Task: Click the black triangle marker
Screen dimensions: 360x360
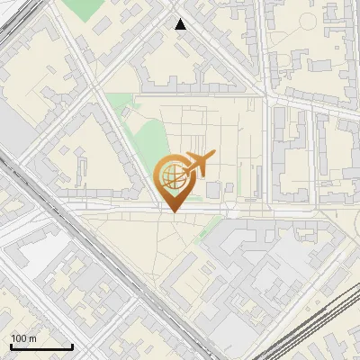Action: (181, 24)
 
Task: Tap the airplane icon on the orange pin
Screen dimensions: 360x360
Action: (198, 164)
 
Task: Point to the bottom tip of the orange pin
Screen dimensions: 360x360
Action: (172, 211)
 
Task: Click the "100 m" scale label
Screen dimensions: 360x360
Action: (22, 338)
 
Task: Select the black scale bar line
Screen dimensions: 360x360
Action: (41, 347)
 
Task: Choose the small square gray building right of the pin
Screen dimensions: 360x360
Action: (212, 190)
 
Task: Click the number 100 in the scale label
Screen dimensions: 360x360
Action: (18, 338)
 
